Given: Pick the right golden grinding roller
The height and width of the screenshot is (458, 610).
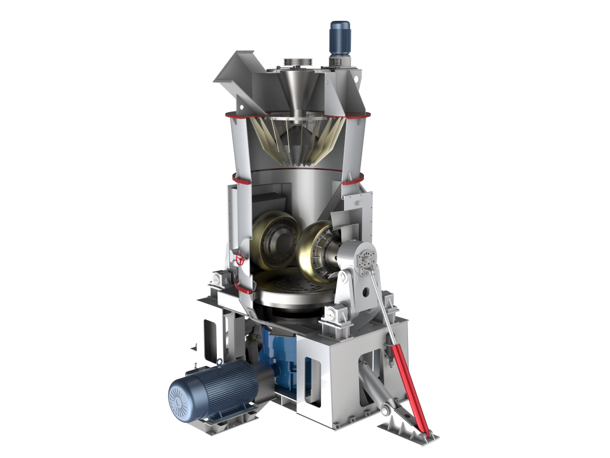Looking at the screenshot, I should (316, 250).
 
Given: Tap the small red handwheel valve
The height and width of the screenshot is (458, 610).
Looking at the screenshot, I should (240, 260).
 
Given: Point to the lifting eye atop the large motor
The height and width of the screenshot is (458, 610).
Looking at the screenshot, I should (220, 361).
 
